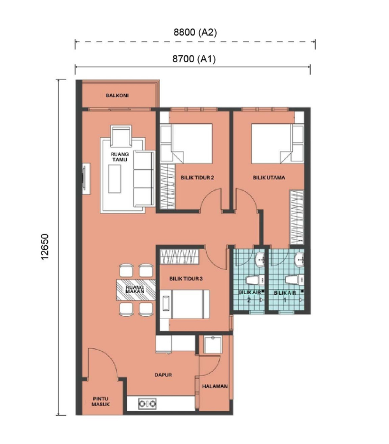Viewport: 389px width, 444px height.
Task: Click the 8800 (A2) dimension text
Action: (195, 32)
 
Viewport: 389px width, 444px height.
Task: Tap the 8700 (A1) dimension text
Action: (194, 59)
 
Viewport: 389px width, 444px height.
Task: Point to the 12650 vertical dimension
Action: (45, 246)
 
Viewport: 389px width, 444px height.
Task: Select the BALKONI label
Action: (117, 95)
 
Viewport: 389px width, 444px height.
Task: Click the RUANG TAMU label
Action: (119, 157)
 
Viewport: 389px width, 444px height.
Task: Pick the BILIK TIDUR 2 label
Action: (197, 178)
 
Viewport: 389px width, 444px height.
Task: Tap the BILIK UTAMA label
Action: (269, 178)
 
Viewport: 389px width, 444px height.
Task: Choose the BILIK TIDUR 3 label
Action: (186, 279)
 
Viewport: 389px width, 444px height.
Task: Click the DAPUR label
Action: (163, 375)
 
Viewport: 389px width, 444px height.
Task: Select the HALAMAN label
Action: (215, 386)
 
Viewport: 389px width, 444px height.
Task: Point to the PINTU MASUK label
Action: (101, 401)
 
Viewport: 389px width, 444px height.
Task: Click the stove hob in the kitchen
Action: (147, 403)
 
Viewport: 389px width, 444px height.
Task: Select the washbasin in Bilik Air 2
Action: (260, 259)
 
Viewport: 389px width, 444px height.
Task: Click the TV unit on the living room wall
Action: (86, 178)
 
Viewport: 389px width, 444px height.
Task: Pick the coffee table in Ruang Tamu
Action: (114, 179)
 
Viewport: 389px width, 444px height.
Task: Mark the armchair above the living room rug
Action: (121, 136)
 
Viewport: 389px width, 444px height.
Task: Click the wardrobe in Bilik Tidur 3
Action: (179, 256)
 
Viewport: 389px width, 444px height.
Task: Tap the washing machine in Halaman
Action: (213, 344)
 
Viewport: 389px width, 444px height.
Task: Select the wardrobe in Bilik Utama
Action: (297, 218)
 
